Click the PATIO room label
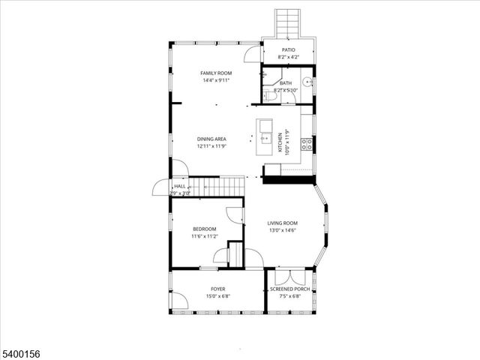pyautogui.click(x=288, y=49)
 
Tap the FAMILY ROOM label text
pyautogui.click(x=215, y=73)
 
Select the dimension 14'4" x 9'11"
pyautogui.click(x=215, y=80)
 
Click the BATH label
pyautogui.click(x=286, y=83)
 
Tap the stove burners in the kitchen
pyautogui.click(x=306, y=144)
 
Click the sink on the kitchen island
pyautogui.click(x=265, y=137)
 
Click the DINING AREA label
pyautogui.click(x=211, y=139)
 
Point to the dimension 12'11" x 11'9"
pyautogui.click(x=211, y=147)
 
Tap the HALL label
pyautogui.click(x=180, y=186)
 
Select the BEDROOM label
pyautogui.click(x=204, y=229)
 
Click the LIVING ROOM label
pyautogui.click(x=283, y=223)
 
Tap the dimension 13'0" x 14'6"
pyautogui.click(x=283, y=230)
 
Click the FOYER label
pyautogui.click(x=217, y=289)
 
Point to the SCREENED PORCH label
pyautogui.click(x=289, y=289)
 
